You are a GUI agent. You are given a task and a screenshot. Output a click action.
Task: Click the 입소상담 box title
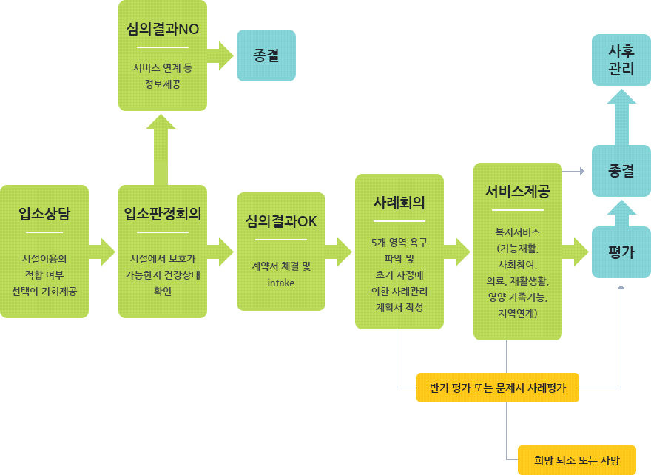[44, 215]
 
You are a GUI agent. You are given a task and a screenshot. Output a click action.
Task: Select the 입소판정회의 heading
[163, 215]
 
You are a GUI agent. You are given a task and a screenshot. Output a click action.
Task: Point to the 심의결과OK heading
[281, 222]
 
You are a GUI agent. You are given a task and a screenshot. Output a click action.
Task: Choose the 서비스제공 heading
[518, 192]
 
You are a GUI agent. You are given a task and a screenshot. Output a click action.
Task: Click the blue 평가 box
[621, 252]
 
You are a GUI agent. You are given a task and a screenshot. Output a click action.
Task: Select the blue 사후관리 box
[621, 59]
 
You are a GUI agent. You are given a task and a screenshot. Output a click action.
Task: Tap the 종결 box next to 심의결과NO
[266, 55]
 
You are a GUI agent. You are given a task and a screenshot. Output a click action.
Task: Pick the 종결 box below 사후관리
[621, 170]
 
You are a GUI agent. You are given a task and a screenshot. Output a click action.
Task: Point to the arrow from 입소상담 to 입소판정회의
[102, 252]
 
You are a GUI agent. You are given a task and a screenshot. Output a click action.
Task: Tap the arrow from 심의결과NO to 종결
[220, 55]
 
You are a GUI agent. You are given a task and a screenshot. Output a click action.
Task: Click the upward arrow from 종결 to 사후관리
[621, 116]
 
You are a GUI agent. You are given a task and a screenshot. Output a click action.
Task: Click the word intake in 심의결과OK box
[281, 282]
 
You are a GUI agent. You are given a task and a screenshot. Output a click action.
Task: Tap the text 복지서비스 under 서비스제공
[518, 231]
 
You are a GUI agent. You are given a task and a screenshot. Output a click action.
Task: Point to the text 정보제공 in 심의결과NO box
[163, 84]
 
